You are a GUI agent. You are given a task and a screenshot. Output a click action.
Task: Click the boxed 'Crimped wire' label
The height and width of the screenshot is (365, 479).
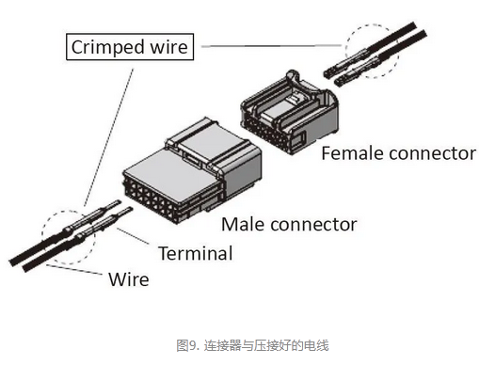[x=130, y=47]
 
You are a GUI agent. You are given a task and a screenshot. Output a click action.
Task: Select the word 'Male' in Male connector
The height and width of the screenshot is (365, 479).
[x=243, y=225]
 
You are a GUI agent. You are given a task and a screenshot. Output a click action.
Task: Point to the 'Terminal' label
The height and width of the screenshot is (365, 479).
[x=196, y=253]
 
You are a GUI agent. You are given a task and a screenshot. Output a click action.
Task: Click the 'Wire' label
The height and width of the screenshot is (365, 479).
[x=129, y=279]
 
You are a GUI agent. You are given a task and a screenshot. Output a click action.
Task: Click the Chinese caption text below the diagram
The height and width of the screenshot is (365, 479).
[x=252, y=345]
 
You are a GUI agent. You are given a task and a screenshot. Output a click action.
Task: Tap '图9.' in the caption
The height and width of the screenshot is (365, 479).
[x=187, y=345]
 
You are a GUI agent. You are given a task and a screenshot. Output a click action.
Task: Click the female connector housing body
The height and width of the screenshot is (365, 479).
[x=289, y=113]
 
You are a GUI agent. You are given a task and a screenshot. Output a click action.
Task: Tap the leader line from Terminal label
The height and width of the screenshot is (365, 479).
[x=133, y=236]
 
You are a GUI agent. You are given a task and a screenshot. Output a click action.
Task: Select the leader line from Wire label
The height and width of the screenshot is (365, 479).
[x=74, y=270]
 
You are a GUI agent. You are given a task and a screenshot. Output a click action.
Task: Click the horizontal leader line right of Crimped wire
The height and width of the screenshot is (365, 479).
[x=272, y=46]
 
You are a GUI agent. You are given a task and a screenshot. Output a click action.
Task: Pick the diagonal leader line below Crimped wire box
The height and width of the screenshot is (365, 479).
[x=108, y=137]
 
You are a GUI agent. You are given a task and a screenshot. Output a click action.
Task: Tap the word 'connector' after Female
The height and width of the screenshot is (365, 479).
[x=432, y=153]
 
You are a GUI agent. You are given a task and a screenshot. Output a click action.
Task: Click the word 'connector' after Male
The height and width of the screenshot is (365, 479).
[x=313, y=225]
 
